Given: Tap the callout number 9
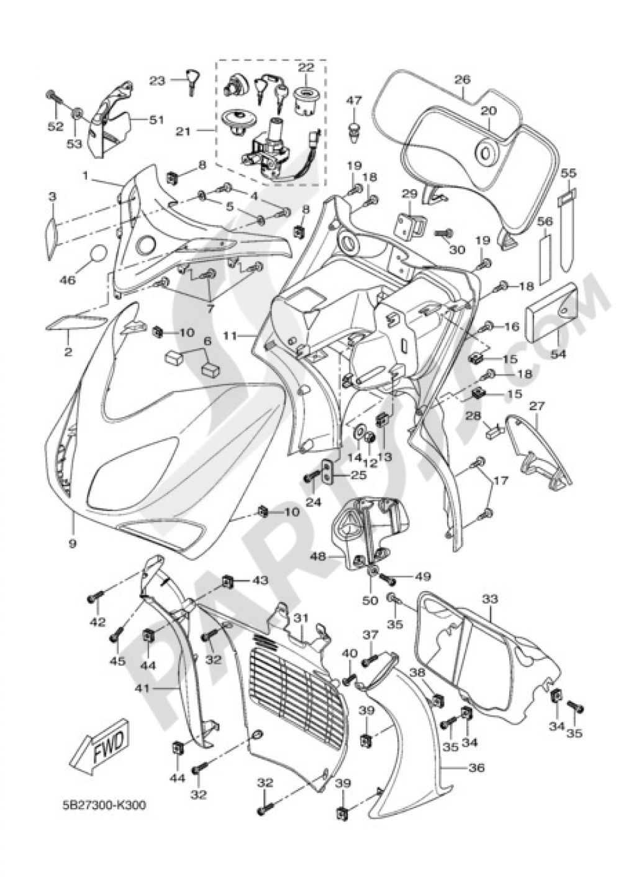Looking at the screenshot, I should (73, 543).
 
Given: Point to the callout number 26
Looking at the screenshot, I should (462, 80).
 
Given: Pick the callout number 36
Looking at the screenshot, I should (476, 768).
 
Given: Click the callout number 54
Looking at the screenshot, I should (558, 354).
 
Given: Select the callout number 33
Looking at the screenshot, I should (490, 599).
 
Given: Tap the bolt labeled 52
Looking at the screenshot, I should (53, 98).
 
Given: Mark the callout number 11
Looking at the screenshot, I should (230, 336).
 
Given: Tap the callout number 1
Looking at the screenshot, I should (85, 176).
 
